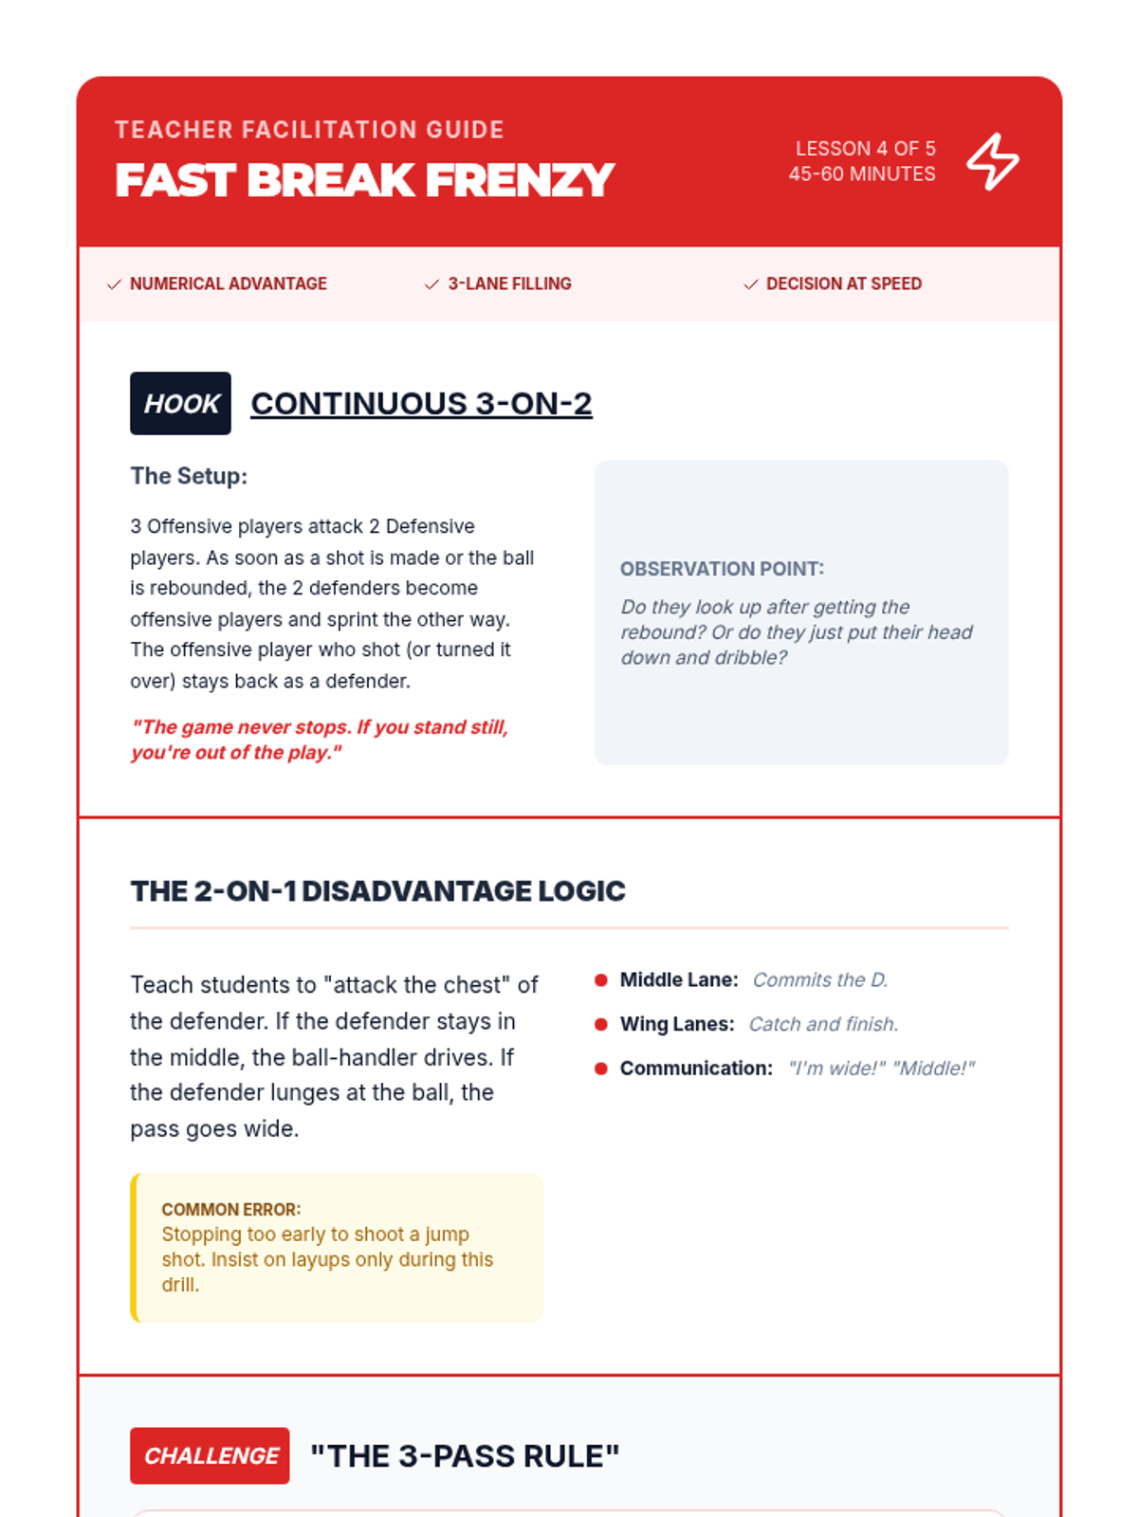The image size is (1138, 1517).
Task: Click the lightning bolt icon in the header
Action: (992, 161)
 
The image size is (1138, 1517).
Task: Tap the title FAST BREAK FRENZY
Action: (364, 180)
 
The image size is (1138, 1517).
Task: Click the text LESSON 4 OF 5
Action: (865, 149)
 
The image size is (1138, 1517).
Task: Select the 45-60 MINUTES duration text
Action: (861, 174)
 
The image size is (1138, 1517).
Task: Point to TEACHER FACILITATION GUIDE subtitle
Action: (309, 130)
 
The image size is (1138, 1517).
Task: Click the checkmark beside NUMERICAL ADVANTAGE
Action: (115, 284)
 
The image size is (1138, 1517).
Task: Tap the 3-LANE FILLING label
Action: (509, 283)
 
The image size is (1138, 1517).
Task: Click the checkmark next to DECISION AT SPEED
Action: (751, 284)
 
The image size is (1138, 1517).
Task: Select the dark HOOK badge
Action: (180, 404)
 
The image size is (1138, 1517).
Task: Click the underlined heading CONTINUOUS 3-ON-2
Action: (421, 404)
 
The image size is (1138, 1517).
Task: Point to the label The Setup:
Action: (189, 476)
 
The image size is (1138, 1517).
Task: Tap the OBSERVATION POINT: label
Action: (722, 569)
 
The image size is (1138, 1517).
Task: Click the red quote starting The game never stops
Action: (320, 740)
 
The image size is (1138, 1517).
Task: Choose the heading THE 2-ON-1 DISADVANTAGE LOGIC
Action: (377, 891)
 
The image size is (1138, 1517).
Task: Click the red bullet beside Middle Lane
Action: (600, 980)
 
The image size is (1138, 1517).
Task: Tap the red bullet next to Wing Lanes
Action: (600, 1024)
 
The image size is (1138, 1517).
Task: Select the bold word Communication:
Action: (696, 1069)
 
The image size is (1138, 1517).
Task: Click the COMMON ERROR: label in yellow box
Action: (230, 1210)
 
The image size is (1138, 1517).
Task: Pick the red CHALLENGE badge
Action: (210, 1455)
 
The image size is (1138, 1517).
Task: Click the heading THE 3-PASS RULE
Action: (465, 1456)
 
